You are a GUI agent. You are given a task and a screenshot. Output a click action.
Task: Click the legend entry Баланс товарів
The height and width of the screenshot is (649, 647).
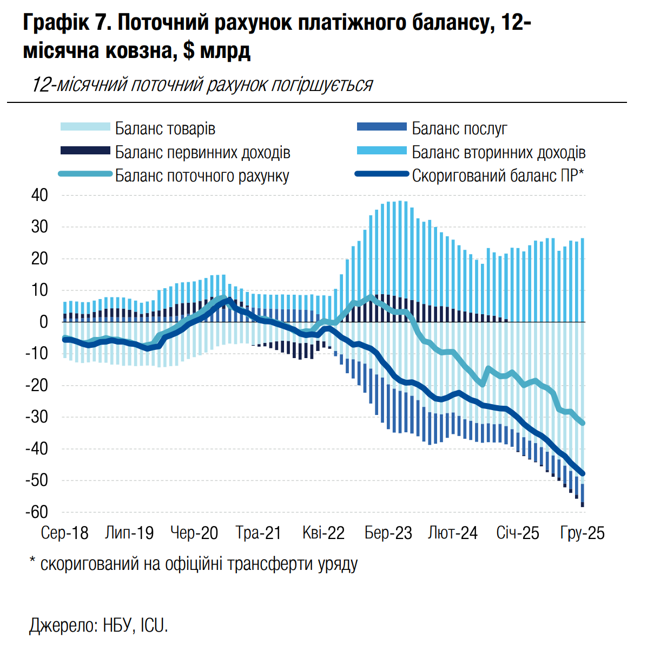coord(165,129)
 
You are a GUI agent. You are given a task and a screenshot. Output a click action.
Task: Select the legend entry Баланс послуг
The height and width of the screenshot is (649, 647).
coord(459,129)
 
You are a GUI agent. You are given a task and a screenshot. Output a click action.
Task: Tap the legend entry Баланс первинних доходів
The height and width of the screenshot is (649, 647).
coord(202,152)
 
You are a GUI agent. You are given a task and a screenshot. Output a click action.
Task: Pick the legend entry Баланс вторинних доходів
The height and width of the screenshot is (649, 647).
coord(498,152)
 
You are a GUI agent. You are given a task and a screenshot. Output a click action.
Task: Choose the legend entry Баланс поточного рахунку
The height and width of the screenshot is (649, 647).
coord(202,176)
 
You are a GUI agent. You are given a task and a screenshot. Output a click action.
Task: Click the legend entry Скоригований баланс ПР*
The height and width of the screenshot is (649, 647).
coord(498,176)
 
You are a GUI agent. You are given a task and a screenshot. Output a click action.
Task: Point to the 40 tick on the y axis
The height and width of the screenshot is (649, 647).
coord(39,196)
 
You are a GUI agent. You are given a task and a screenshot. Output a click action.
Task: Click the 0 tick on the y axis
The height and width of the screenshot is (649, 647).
coord(43,322)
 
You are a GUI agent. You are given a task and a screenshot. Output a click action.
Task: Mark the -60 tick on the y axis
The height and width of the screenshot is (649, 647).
coord(37,512)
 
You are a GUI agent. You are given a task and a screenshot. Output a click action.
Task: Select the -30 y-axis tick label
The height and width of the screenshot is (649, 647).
coord(37,417)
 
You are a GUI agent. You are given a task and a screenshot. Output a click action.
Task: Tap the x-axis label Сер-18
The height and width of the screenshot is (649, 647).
coord(64,533)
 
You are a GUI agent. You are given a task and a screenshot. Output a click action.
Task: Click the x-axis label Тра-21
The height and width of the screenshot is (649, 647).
coord(259,533)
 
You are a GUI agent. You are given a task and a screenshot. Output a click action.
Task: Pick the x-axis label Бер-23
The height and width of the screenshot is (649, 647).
coord(388,533)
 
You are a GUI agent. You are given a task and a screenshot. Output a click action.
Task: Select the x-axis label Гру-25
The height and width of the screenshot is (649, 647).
coord(582,533)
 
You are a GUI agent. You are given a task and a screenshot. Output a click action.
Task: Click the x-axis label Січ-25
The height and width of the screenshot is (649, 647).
coord(518,533)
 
